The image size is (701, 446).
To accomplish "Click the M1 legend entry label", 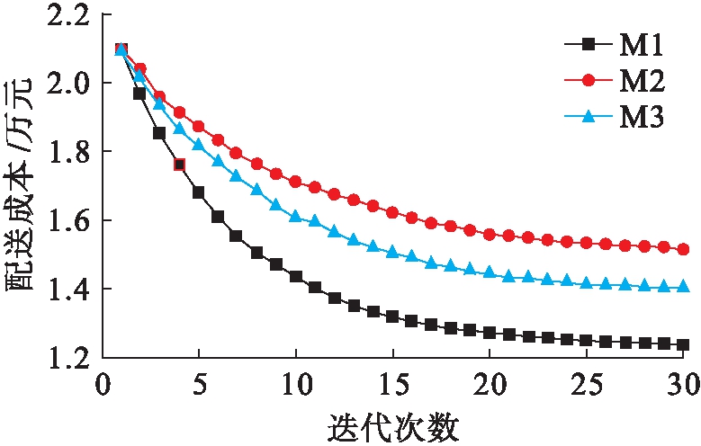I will tap(643, 43).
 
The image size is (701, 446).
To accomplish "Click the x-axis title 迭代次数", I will tap(392, 425).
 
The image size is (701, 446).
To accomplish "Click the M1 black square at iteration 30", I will tap(683, 344).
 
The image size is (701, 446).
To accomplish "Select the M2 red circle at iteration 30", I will tap(683, 249).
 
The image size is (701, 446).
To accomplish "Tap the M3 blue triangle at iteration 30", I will tap(683, 287).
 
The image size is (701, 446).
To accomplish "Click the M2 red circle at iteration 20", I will tap(490, 235).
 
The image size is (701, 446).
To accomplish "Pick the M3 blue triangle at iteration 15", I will tap(392, 253).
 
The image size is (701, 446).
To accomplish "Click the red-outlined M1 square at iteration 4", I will tap(179, 165).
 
